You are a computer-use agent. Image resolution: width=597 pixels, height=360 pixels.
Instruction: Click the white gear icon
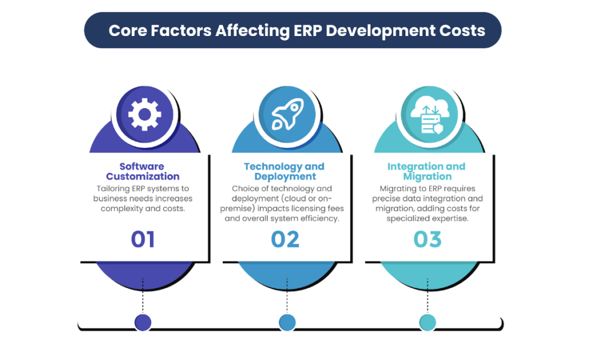click(x=144, y=114)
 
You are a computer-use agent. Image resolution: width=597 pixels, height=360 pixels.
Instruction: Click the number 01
click(x=143, y=239)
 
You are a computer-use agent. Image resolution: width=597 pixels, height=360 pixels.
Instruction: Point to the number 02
click(x=285, y=239)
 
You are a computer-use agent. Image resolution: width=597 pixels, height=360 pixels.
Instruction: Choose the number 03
click(x=427, y=239)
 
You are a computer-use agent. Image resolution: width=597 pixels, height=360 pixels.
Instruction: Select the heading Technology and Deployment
click(x=285, y=171)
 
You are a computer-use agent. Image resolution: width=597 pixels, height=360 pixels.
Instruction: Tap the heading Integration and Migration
click(x=427, y=171)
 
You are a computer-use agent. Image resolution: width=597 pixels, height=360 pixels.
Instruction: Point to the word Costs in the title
click(x=464, y=30)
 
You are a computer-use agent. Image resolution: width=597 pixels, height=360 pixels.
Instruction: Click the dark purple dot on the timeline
click(x=143, y=322)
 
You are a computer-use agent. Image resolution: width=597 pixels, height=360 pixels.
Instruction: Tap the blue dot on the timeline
click(x=287, y=322)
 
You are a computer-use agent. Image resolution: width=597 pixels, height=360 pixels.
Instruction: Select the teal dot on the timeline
click(x=427, y=322)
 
